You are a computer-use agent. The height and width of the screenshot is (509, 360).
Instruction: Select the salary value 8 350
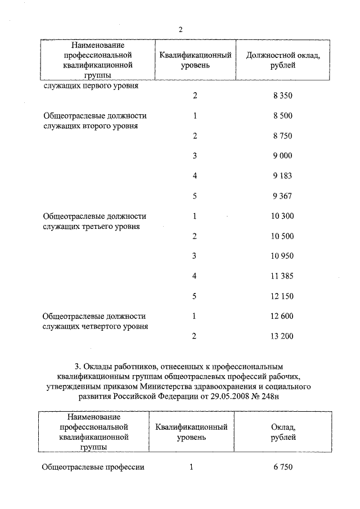pyautogui.click(x=283, y=96)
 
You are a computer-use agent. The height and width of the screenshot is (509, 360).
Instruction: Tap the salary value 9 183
pyautogui.click(x=283, y=176)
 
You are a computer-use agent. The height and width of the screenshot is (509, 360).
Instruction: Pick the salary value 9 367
pyautogui.click(x=283, y=196)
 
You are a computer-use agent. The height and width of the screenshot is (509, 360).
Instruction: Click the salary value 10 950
pyautogui.click(x=282, y=256)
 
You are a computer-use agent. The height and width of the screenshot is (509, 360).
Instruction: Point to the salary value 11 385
pyautogui.click(x=282, y=276)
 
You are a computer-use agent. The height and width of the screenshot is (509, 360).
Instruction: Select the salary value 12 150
pyautogui.click(x=282, y=296)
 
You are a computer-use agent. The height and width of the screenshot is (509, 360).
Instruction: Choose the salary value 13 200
pyautogui.click(x=282, y=336)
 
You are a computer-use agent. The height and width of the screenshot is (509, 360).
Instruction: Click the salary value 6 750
pyautogui.click(x=283, y=467)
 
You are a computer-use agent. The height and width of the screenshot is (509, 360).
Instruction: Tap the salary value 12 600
pyautogui.click(x=282, y=316)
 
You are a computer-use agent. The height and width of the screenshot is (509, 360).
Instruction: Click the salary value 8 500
pyautogui.click(x=283, y=116)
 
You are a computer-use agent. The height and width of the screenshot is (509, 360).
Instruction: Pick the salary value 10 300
pyautogui.click(x=282, y=216)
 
